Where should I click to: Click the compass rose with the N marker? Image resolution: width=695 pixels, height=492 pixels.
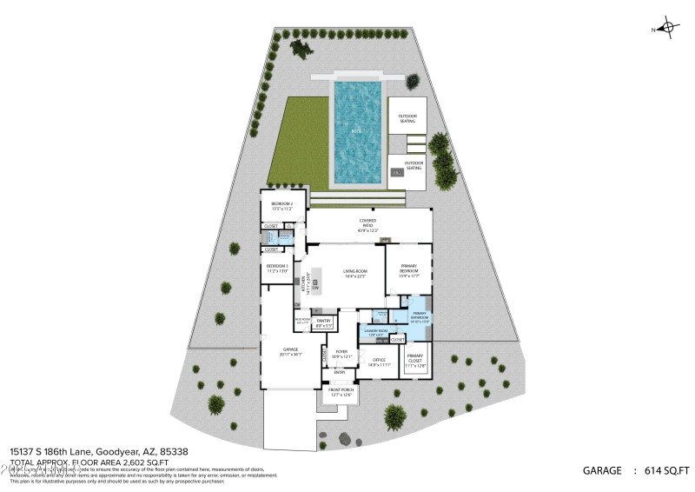[667, 28]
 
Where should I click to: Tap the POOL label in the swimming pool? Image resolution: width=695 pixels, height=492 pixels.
[356, 131]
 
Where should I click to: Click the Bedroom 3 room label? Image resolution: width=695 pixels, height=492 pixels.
[277, 268]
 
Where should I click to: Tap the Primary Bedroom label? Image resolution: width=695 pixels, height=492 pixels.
[409, 270]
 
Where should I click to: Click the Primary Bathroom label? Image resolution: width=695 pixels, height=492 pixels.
[420, 317]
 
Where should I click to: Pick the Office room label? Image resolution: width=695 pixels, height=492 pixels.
[378, 362]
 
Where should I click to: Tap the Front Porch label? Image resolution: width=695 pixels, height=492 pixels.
[340, 394]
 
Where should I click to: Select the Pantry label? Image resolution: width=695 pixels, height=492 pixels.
[323, 323]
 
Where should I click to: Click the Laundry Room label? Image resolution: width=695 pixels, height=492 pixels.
[375, 333]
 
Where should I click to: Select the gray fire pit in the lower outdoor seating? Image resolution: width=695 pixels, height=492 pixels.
[397, 173]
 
